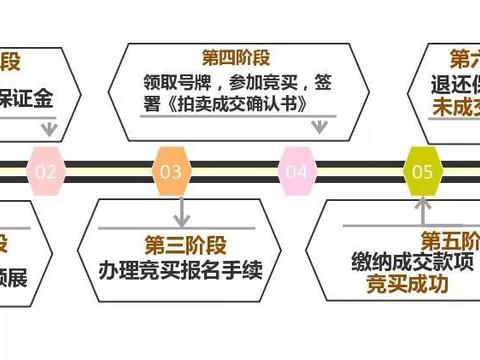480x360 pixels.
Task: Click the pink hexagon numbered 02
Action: (46, 171)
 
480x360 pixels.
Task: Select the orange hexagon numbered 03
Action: (171, 171)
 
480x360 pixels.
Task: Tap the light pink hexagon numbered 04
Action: (296, 171)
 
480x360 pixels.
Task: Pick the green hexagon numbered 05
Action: (422, 171)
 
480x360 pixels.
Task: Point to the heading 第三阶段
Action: (180, 244)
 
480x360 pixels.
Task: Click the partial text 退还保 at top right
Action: (455, 81)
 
